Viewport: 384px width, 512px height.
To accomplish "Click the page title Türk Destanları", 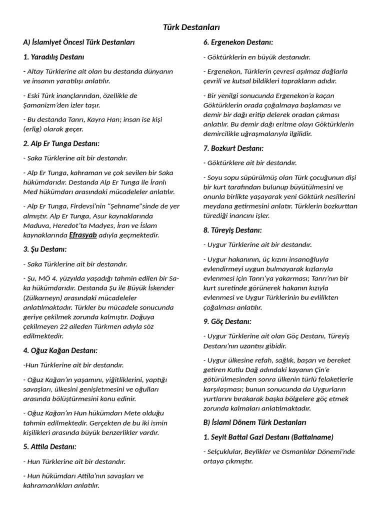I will click(x=191, y=27).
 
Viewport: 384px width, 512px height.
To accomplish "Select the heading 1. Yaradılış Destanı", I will click(x=53, y=56).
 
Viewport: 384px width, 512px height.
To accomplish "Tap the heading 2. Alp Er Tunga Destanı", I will click(x=61, y=143).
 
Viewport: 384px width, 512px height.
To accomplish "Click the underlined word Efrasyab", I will click(x=83, y=234).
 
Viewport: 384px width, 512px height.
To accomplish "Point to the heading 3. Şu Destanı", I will click(x=44, y=249).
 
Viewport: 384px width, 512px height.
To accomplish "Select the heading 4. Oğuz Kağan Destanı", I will click(x=60, y=350).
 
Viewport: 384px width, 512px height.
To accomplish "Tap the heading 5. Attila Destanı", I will click(x=49, y=446).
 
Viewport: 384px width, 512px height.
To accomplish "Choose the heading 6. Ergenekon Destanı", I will click(x=237, y=42).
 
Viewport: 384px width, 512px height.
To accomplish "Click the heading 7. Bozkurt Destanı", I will click(x=233, y=148).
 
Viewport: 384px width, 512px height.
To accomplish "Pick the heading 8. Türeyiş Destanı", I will click(x=232, y=230).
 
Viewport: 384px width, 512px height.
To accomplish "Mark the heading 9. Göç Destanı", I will click(x=227, y=321).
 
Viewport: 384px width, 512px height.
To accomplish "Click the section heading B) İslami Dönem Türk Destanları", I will click(x=254, y=422).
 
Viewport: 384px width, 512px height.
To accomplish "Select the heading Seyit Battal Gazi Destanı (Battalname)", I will click(x=268, y=437).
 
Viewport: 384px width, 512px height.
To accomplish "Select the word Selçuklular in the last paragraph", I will click(x=226, y=451).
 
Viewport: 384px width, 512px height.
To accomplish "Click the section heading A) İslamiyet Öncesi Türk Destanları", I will click(x=79, y=42).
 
